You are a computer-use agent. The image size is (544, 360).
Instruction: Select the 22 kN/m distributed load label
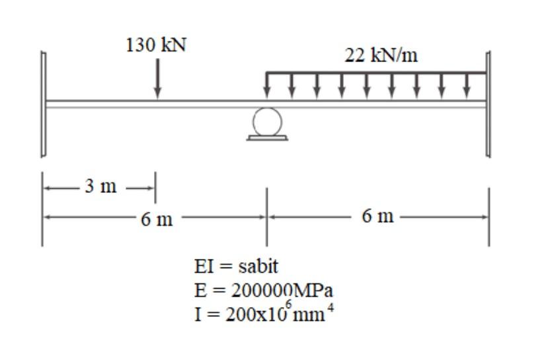coord(381,55)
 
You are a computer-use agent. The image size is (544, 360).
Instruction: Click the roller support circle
coord(267,121)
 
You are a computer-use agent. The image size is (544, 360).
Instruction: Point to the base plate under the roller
coord(267,137)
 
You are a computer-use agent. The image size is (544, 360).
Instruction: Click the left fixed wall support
coord(43,104)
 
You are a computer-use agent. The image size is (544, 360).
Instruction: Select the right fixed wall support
coord(488,104)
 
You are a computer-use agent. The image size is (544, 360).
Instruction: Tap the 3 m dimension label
coord(99,186)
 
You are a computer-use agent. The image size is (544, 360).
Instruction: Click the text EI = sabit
coord(236,267)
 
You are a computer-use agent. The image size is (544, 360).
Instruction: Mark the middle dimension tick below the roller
coord(266,215)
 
